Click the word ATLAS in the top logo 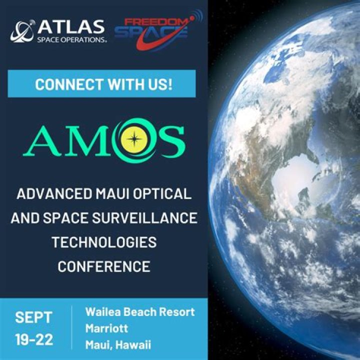tap(70, 26)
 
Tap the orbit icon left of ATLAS tap(22, 31)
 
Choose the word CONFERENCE tap(103, 266)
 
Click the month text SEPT tap(33, 317)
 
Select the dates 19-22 tap(33, 339)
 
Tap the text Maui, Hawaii tap(118, 345)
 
